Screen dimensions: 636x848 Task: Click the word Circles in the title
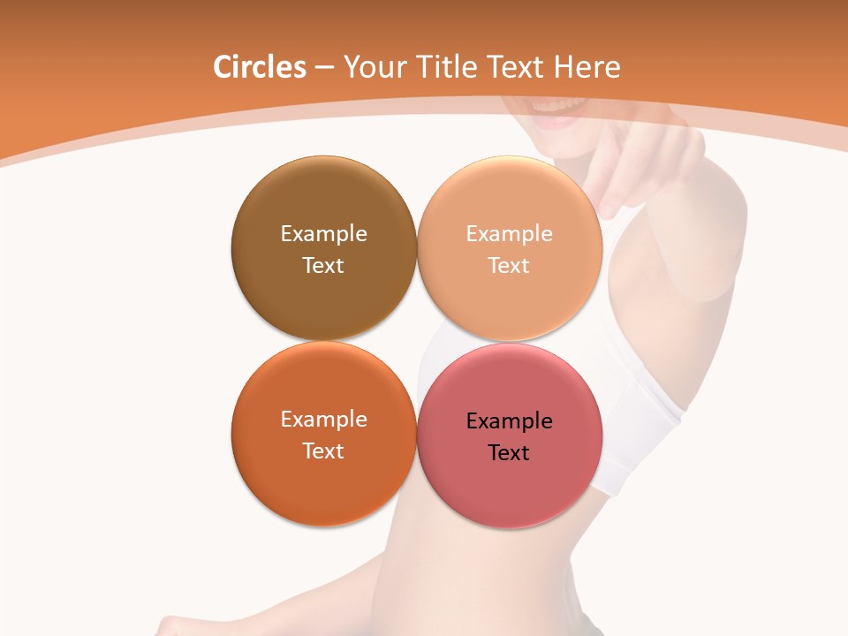pyautogui.click(x=259, y=67)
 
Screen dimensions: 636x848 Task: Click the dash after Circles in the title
pyautogui.click(x=324, y=68)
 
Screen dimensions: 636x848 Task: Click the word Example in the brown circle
pyautogui.click(x=323, y=233)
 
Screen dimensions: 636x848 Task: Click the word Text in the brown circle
pyautogui.click(x=323, y=265)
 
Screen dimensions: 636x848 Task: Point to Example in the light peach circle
pyautogui.click(x=509, y=233)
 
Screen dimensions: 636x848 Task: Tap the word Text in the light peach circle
pyautogui.click(x=509, y=265)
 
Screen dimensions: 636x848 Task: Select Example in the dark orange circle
pyautogui.click(x=323, y=419)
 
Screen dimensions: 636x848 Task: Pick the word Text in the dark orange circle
pyautogui.click(x=323, y=450)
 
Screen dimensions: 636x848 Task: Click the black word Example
pyautogui.click(x=509, y=420)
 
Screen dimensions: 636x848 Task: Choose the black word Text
pyautogui.click(x=509, y=452)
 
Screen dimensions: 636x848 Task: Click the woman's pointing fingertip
pyautogui.click(x=609, y=207)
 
